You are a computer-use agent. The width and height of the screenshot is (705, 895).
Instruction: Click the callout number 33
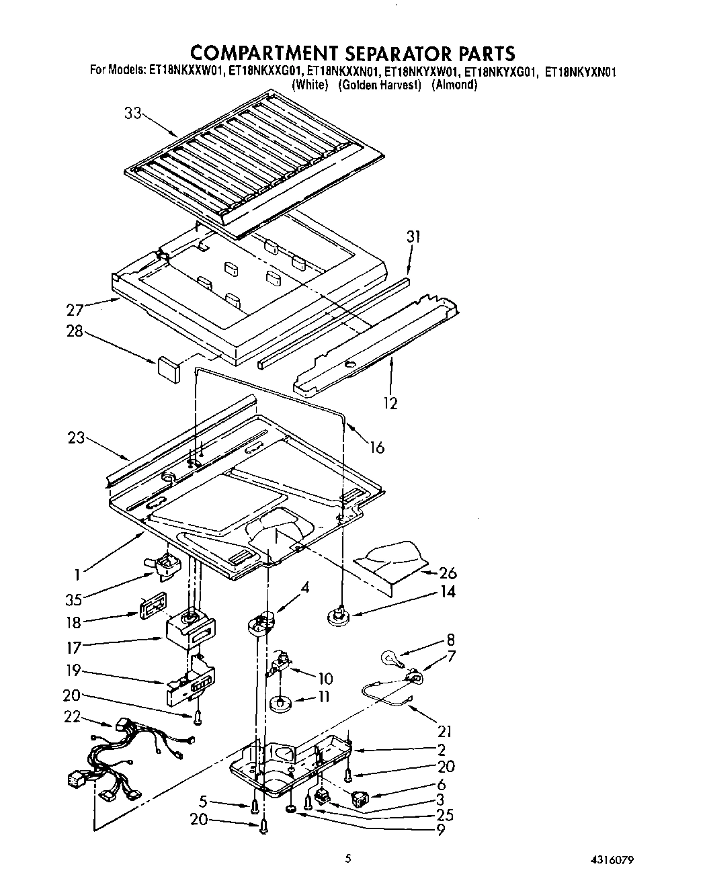point(132,114)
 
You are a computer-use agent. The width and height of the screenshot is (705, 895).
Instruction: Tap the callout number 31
point(413,236)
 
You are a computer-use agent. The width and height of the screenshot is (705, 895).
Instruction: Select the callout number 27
point(76,310)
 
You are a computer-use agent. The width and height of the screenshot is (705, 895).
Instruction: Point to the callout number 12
point(390,402)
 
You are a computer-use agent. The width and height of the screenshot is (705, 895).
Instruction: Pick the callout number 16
point(377,447)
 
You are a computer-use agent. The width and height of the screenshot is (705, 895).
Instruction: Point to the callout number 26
point(448,572)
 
